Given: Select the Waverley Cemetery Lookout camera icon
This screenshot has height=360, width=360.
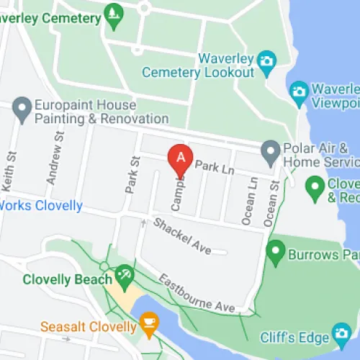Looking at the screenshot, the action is click(x=267, y=60).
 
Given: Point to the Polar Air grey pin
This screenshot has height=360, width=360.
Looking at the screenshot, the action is click(x=270, y=152).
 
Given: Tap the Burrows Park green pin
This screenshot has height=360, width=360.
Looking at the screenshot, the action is click(x=274, y=253).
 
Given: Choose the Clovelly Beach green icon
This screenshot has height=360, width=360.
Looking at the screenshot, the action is click(x=124, y=274).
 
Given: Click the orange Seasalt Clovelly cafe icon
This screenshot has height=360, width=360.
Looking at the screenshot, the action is click(x=149, y=321).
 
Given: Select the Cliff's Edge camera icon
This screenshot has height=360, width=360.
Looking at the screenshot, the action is click(x=341, y=334).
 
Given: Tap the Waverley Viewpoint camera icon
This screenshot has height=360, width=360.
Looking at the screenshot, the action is click(x=299, y=91).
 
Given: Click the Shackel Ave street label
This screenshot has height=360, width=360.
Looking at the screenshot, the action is click(x=182, y=235).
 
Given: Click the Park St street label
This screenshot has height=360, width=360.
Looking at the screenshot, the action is click(x=131, y=175).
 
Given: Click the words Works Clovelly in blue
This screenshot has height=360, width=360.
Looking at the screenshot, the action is click(x=41, y=205).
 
